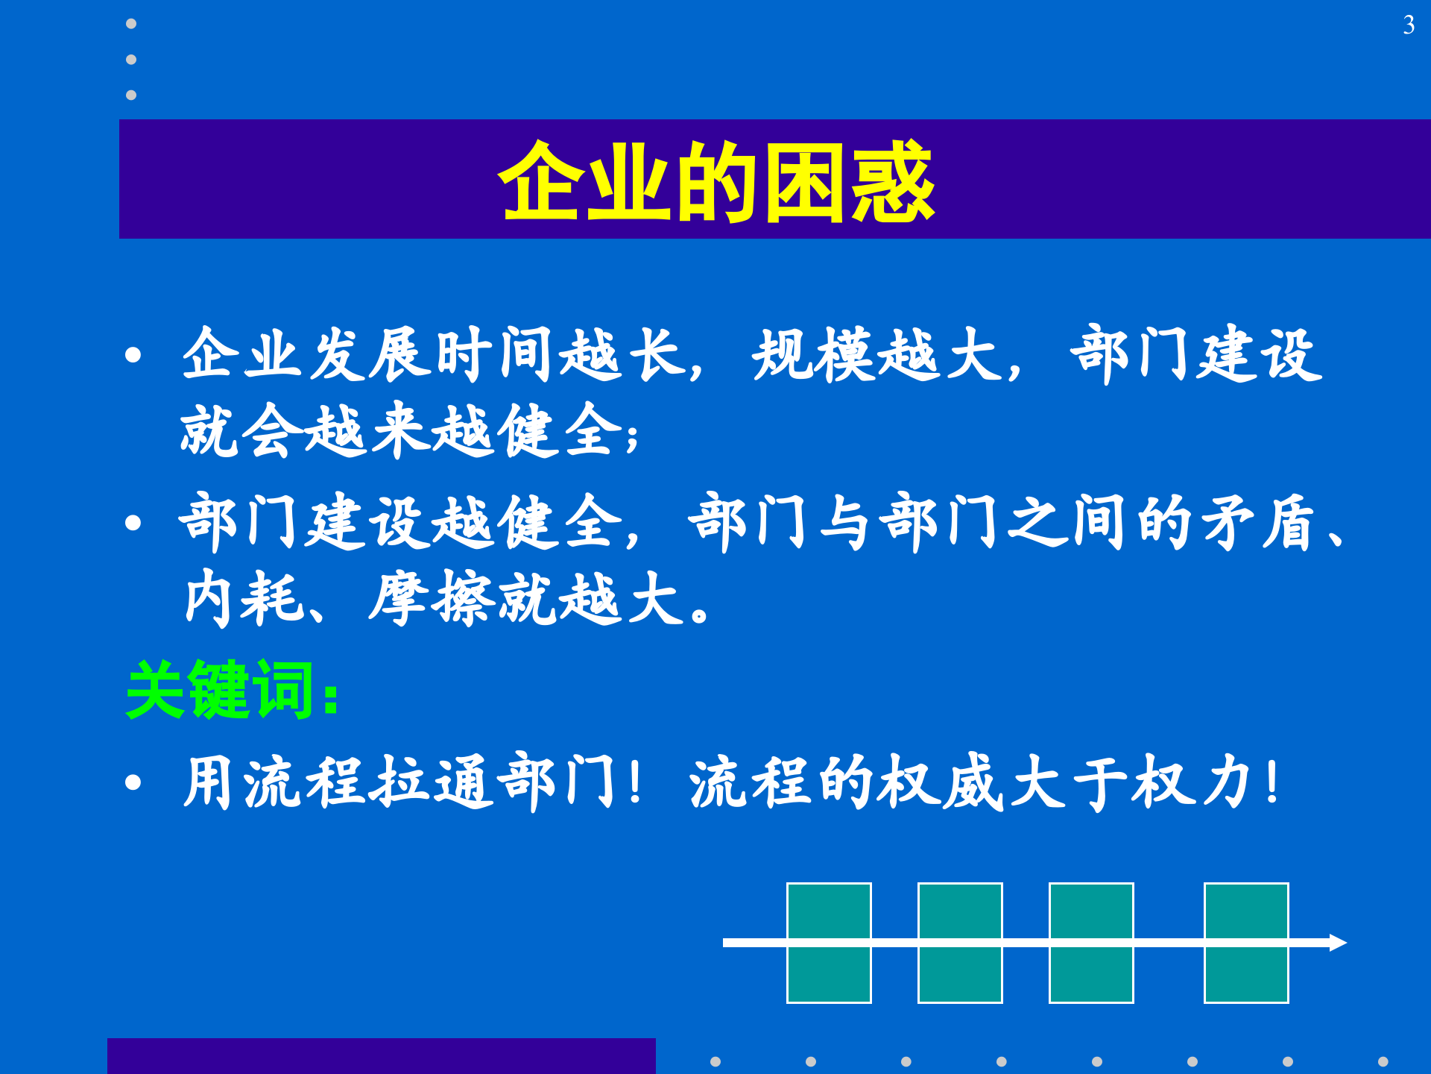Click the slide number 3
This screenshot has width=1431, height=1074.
1408,25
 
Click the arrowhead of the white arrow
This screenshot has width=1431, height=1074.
1339,943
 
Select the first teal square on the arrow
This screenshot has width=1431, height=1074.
829,943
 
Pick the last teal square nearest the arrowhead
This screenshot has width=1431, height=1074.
1246,943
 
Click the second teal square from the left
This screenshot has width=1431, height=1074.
960,943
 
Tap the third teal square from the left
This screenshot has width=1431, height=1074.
1091,943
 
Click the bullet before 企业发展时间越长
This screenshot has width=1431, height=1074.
133,355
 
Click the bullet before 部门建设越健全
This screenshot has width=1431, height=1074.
133,523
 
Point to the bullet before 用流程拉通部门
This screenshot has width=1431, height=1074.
133,782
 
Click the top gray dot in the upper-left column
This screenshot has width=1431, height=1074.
131,24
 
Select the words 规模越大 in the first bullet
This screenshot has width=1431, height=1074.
876,355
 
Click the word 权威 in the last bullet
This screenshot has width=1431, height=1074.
941,782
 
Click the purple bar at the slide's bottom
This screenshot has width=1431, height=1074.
381,1056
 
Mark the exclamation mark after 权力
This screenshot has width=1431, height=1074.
1273,782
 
